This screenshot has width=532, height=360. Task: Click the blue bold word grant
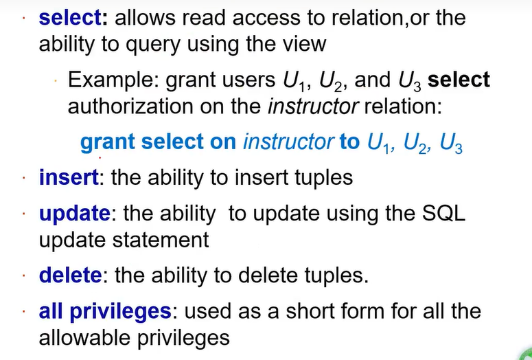(108, 142)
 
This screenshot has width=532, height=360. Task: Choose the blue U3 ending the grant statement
(450, 144)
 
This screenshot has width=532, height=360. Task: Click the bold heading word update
(73, 214)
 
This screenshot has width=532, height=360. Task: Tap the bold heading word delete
(71, 276)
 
